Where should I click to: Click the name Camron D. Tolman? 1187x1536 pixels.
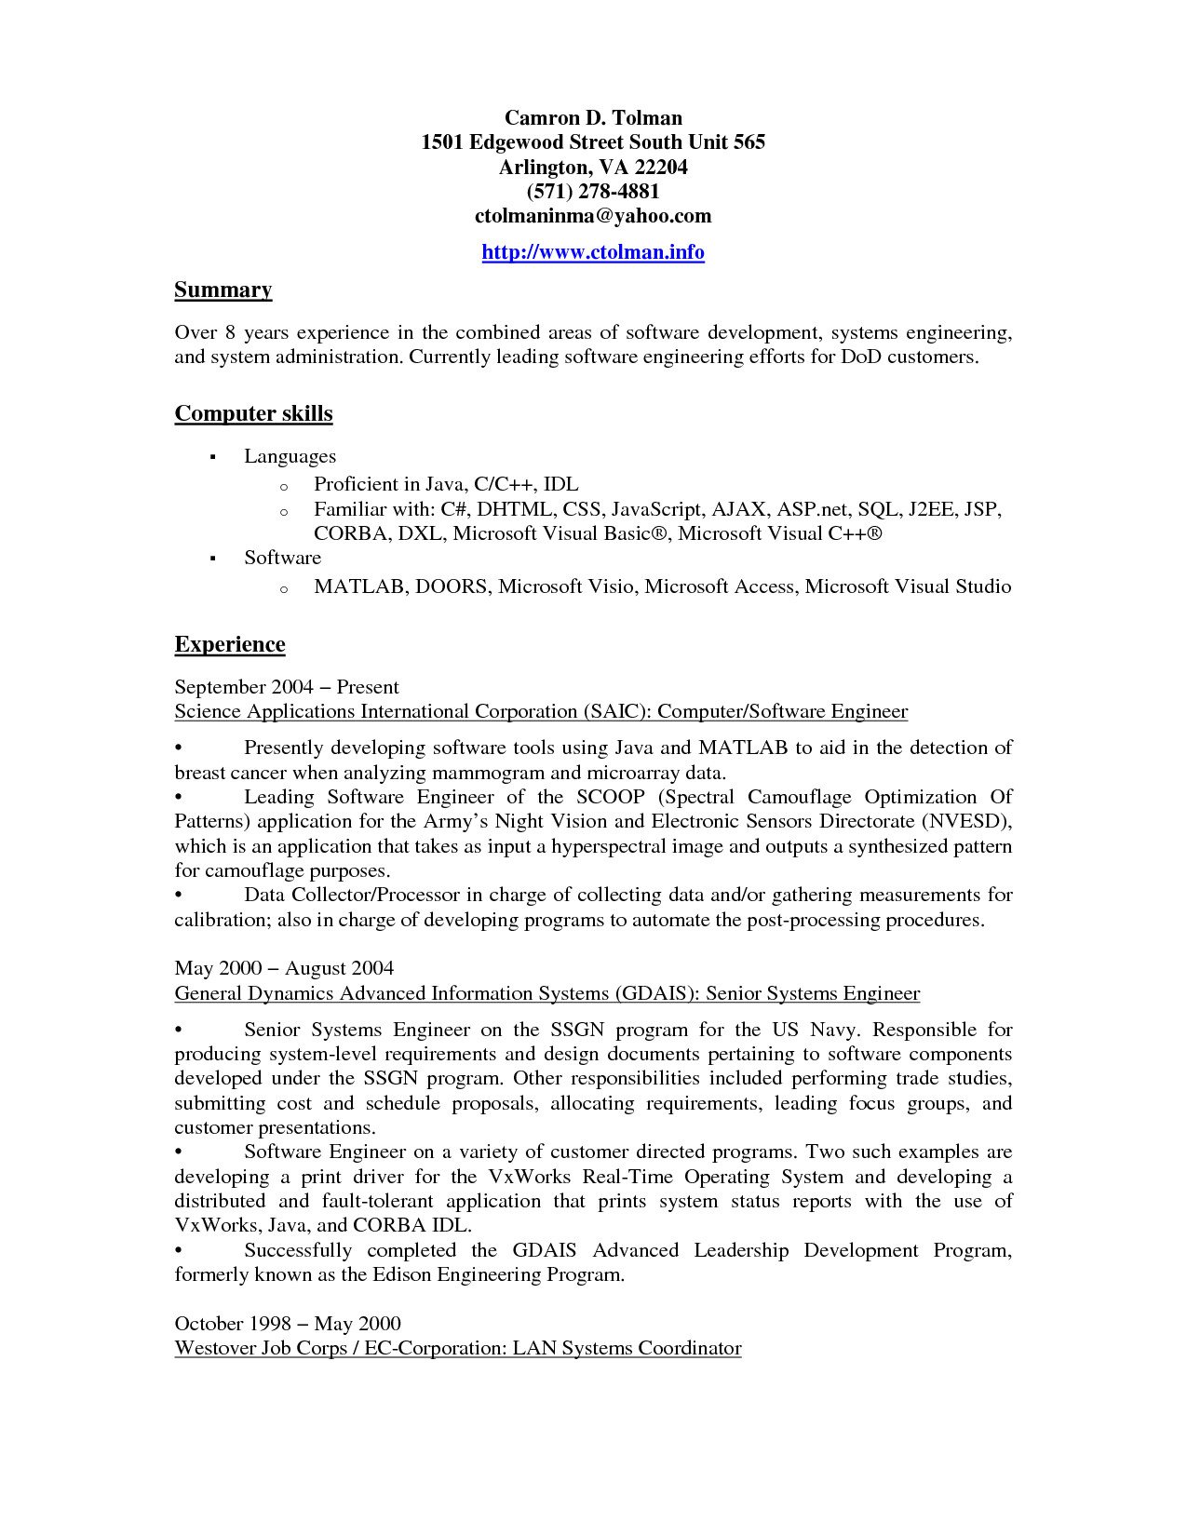tap(593, 118)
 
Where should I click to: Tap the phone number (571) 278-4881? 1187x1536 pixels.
tap(593, 192)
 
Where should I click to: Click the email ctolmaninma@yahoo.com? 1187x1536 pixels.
tap(593, 216)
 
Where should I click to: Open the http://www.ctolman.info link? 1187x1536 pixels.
tap(593, 252)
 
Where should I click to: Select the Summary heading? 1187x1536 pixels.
tap(223, 290)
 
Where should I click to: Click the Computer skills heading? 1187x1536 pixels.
tap(253, 414)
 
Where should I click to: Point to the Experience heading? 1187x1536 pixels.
tap(230, 645)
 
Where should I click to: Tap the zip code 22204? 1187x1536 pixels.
tap(661, 168)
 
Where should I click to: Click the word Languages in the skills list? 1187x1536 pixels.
tap(290, 456)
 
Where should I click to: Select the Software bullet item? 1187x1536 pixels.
tap(282, 558)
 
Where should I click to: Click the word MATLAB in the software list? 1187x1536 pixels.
tap(359, 586)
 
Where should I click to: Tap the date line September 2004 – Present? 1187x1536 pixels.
tap(287, 687)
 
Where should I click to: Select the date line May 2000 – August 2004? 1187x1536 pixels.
tap(284, 968)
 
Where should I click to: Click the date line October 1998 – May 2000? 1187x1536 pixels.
tap(288, 1324)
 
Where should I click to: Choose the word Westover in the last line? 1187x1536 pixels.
tap(215, 1348)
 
